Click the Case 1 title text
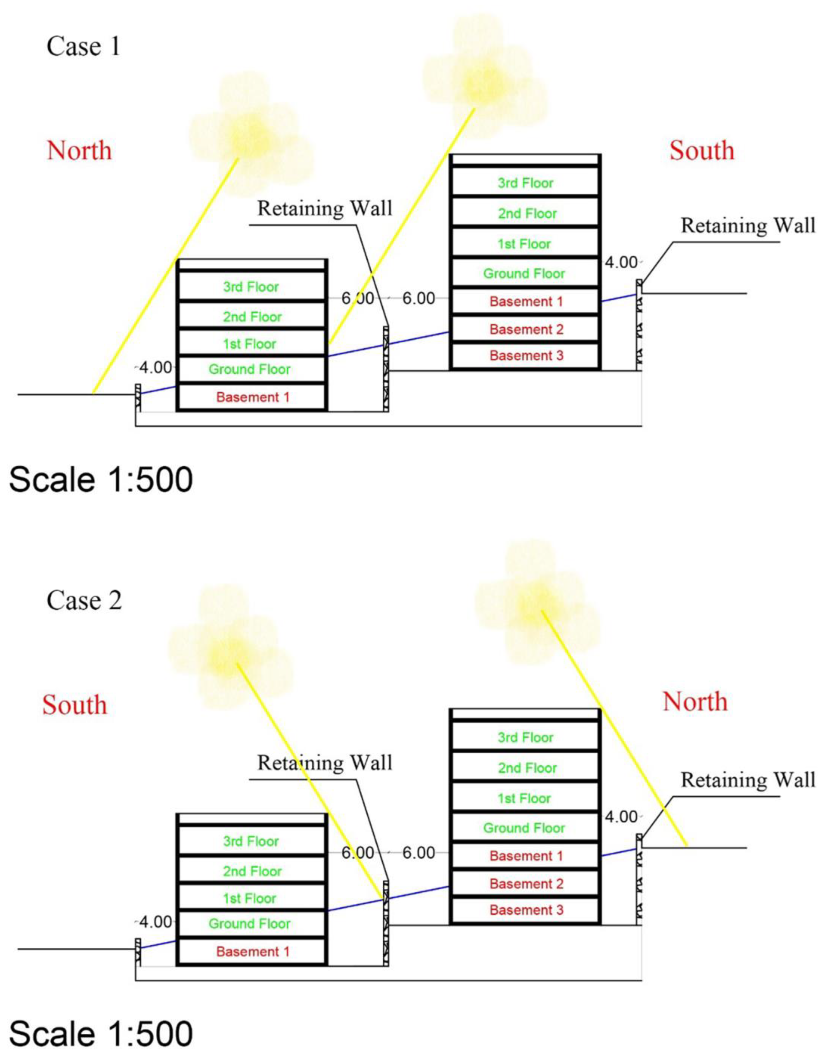click(x=83, y=47)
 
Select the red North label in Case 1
click(x=80, y=150)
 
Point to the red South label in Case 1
click(x=702, y=150)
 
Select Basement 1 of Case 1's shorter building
click(x=253, y=397)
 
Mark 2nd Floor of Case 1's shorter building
click(x=252, y=317)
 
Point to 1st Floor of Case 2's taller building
click(x=525, y=798)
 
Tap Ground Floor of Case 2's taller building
click(x=524, y=828)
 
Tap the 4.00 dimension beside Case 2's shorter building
click(x=155, y=922)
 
